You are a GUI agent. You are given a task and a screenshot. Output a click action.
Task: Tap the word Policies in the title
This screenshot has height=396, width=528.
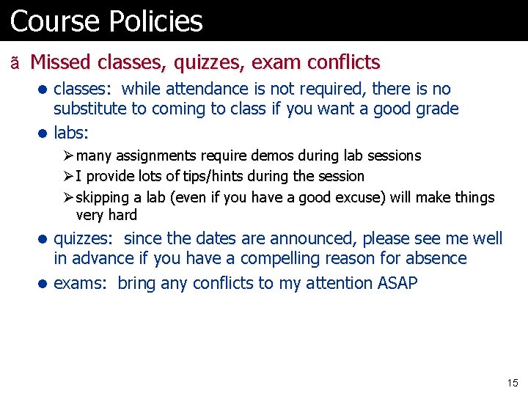pyautogui.click(x=155, y=21)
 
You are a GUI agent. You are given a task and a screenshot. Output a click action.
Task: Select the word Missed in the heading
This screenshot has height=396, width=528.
pyautogui.click(x=61, y=62)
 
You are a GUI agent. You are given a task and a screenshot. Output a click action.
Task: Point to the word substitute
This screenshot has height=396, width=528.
pyautogui.click(x=89, y=110)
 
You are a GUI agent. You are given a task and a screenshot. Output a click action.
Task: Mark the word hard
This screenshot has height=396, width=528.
pyautogui.click(x=122, y=215)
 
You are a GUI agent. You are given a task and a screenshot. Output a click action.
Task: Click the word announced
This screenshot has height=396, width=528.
pyautogui.click(x=307, y=238)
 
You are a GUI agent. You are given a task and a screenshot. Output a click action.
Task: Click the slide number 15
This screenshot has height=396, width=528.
pyautogui.click(x=512, y=383)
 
